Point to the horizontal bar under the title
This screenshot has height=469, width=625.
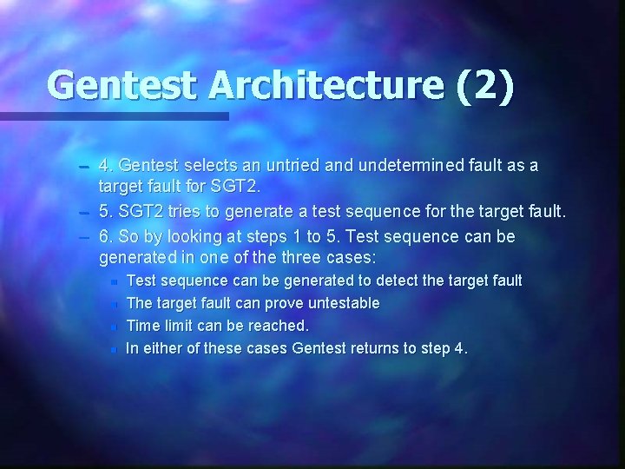pyautogui.click(x=114, y=116)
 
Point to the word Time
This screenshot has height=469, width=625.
pyautogui.click(x=141, y=326)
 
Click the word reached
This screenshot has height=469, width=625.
pyautogui.click(x=280, y=326)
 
